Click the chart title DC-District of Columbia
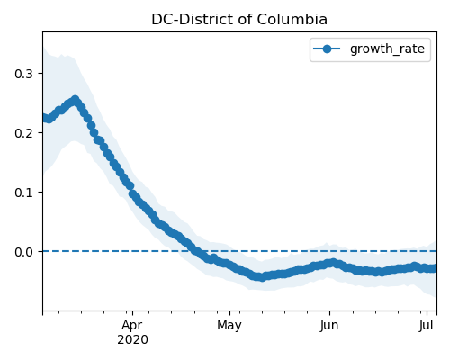(x=239, y=20)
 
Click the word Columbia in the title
(x=292, y=20)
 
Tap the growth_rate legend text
(x=387, y=49)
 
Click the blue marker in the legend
(x=327, y=49)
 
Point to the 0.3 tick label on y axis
(x=23, y=74)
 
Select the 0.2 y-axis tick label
(x=23, y=133)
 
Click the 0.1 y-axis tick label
(x=23, y=193)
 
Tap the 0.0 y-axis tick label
(x=23, y=252)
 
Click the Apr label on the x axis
(x=132, y=326)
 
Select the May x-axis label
(x=229, y=326)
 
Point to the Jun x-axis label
(x=329, y=326)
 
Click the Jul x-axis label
(x=427, y=325)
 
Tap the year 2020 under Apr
(x=132, y=340)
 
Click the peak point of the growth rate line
(x=76, y=100)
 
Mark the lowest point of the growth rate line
(x=262, y=277)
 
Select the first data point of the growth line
(x=43, y=118)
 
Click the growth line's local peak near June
(x=332, y=263)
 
